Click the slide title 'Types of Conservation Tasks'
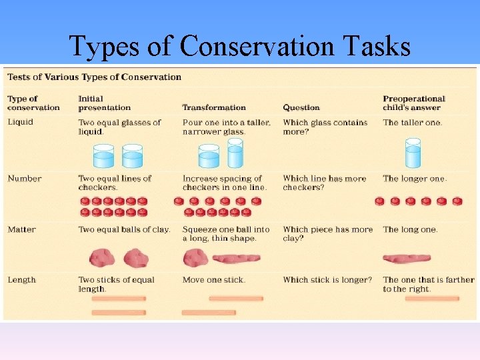240,45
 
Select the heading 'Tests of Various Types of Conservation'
94,77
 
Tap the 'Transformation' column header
214,107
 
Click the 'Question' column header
301,107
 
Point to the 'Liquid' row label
20,122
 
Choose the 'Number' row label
25,179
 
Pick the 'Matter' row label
22,229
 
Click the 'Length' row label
21,280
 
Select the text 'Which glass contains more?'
325,127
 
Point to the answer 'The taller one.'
413,123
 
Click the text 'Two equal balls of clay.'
124,229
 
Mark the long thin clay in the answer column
406,258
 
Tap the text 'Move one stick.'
214,280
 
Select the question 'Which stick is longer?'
327,280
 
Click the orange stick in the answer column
431,299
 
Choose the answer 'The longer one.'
415,179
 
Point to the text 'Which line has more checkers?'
325,183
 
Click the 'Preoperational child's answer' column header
414,103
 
